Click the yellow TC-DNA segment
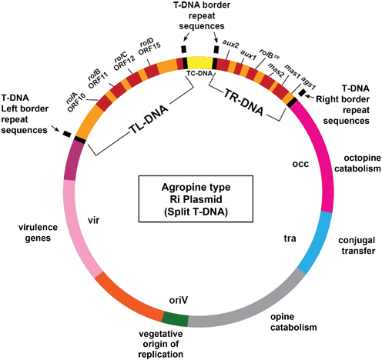click(x=199, y=62)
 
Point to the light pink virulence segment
click(x=77, y=223)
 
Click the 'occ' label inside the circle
click(x=301, y=164)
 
